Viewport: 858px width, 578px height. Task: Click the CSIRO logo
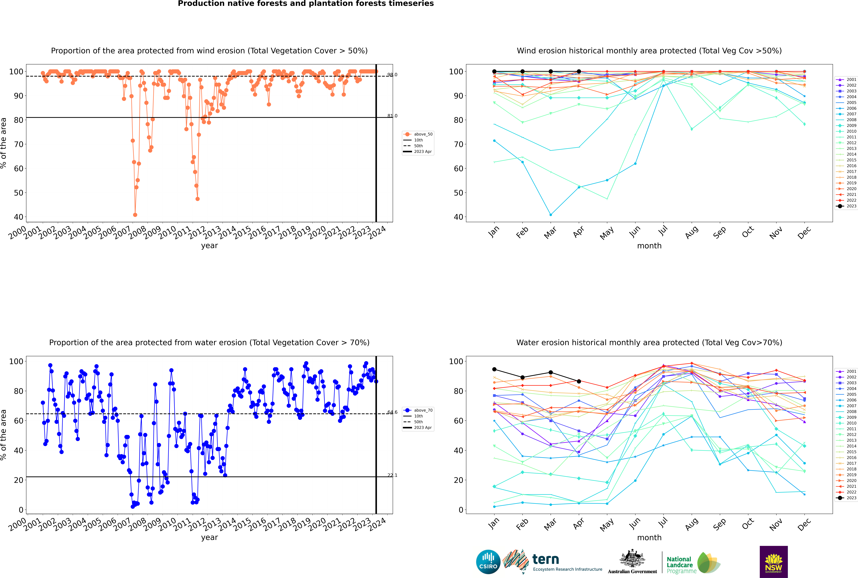pyautogui.click(x=488, y=562)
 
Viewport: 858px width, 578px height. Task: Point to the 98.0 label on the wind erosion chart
pyautogui.click(x=392, y=75)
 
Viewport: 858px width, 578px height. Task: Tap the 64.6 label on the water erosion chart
pyautogui.click(x=392, y=412)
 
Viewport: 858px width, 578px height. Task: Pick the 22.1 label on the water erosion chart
pyautogui.click(x=392, y=475)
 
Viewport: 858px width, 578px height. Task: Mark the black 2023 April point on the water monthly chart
pyautogui.click(x=579, y=381)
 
